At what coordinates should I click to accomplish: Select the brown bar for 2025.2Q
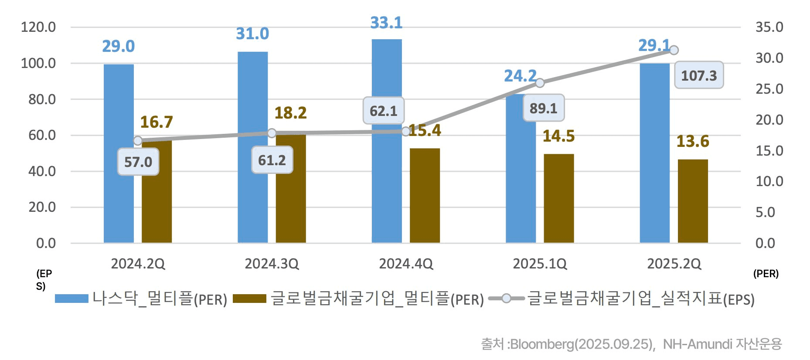click(693, 201)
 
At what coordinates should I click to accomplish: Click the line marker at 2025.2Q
click(674, 50)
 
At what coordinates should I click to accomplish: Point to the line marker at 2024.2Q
click(138, 140)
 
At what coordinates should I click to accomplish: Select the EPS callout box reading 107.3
click(699, 75)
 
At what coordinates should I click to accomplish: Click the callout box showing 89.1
click(544, 108)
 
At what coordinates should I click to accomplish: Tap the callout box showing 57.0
click(138, 162)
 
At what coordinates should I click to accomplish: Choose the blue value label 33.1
click(386, 23)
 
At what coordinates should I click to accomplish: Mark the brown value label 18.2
click(290, 113)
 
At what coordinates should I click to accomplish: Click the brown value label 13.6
click(692, 141)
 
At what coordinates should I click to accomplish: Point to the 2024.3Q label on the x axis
click(272, 264)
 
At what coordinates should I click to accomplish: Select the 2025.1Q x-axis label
click(540, 264)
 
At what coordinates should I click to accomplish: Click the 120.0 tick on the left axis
click(38, 27)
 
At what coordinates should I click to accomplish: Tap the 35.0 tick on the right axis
click(769, 27)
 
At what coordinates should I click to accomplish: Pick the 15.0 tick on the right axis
click(769, 151)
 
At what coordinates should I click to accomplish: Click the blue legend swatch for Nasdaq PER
click(71, 299)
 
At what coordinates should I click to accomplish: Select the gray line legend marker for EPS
click(506, 299)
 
